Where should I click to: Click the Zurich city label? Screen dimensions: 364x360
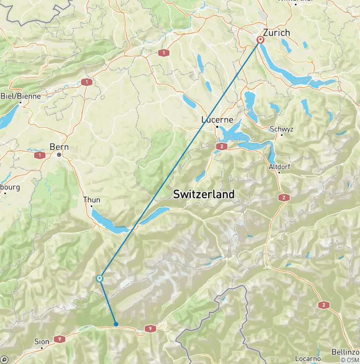pyautogui.click(x=277, y=33)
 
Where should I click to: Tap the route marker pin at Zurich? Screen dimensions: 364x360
pyautogui.click(x=260, y=40)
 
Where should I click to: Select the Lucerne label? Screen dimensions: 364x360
pyautogui.click(x=217, y=120)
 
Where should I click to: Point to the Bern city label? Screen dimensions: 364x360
pyautogui.click(x=60, y=147)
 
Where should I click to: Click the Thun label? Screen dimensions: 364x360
pyautogui.click(x=91, y=199)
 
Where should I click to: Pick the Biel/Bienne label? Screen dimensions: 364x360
pyautogui.click(x=20, y=96)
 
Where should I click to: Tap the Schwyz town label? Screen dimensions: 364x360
pyautogui.click(x=282, y=129)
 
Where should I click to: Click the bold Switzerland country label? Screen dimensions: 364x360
pyautogui.click(x=204, y=194)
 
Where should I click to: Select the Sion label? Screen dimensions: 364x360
pyautogui.click(x=41, y=341)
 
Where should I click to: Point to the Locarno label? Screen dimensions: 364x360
pyautogui.click(x=308, y=358)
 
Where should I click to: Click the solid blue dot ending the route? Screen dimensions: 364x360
pyautogui.click(x=116, y=324)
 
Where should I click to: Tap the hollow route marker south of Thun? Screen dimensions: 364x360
pyautogui.click(x=99, y=278)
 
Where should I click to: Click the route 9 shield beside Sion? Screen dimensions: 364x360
pyautogui.click(x=59, y=339)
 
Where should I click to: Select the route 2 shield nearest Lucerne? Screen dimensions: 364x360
pyautogui.click(x=221, y=147)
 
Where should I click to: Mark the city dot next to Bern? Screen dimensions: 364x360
pyautogui.click(x=59, y=154)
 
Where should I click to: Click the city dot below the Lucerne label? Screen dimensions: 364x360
pyautogui.click(x=217, y=127)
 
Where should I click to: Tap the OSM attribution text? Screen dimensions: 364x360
pyautogui.click(x=350, y=359)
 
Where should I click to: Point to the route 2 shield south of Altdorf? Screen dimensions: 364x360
pyautogui.click(x=283, y=197)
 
